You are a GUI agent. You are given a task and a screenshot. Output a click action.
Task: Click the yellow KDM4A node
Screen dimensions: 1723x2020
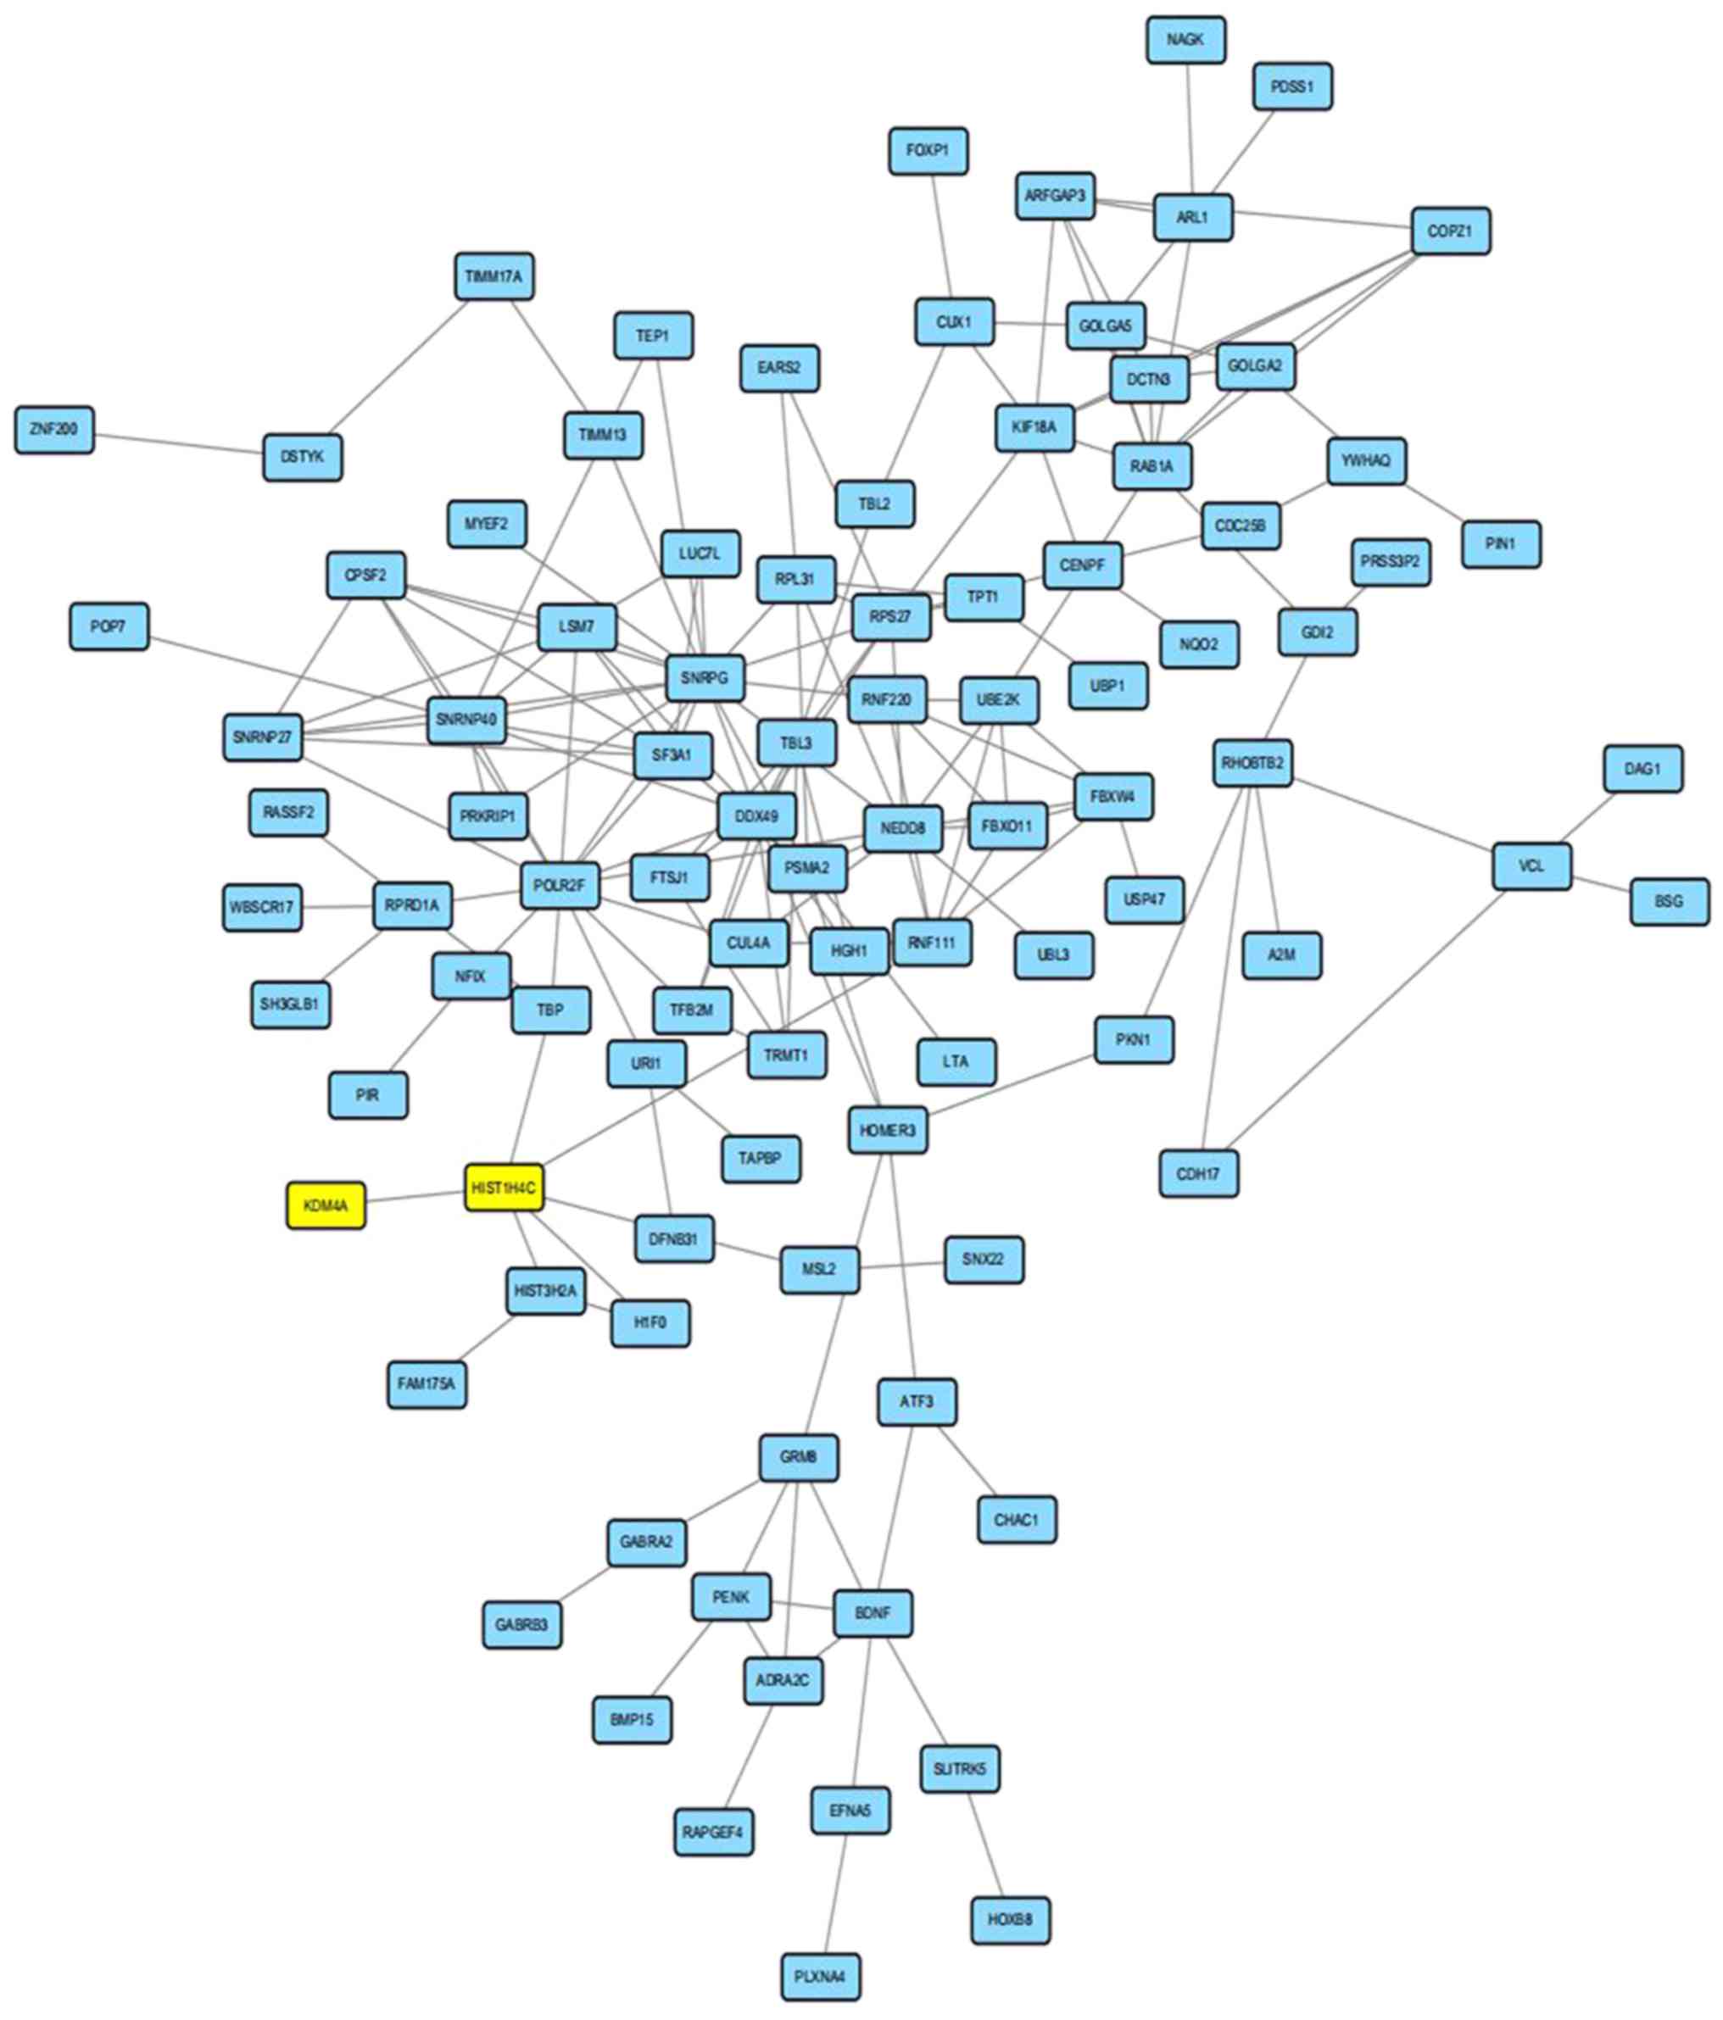pos(326,1206)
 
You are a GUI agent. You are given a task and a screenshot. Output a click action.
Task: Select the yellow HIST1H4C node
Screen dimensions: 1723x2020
pos(503,1188)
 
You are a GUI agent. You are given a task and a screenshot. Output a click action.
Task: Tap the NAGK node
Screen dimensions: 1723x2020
pos(1185,40)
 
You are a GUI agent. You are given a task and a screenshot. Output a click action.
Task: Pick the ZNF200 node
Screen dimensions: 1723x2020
pos(53,429)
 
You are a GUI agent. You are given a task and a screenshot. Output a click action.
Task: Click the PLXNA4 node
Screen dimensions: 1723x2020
pos(820,1976)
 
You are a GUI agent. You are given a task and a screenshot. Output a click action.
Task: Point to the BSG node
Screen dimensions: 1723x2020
pos(1669,901)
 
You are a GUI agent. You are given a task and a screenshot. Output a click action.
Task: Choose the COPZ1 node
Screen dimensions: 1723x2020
pos(1450,231)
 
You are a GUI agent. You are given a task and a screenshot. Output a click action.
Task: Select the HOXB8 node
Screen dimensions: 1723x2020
pos(1010,1920)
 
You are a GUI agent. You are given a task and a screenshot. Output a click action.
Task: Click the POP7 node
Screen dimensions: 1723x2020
pos(109,626)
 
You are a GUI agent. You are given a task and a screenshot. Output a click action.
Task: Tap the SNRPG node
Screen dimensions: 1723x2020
pos(705,677)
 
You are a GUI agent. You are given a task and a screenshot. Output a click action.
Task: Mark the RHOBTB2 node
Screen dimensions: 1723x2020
pos(1253,762)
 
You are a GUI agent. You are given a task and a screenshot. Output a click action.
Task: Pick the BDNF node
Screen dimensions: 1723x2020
pos(873,1613)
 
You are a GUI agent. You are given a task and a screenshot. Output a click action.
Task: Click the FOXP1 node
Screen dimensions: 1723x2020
pos(928,151)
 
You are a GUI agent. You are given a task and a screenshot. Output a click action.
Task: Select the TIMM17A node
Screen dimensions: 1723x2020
pos(493,277)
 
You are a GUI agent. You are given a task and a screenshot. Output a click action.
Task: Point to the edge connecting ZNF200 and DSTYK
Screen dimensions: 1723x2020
pos(178,442)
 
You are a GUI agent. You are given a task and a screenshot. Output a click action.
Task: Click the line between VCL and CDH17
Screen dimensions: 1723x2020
pos(1365,1019)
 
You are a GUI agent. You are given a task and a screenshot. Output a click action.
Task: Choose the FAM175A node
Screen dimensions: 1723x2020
pos(427,1383)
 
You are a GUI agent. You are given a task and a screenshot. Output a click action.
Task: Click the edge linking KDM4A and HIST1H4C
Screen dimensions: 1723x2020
pos(415,1197)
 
